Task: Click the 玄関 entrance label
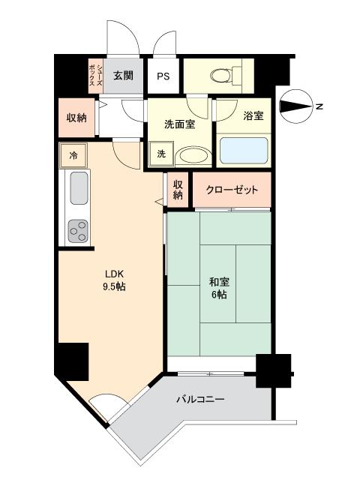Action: point(123,76)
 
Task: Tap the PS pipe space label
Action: point(163,76)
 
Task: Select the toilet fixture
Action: point(224,75)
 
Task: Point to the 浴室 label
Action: point(253,116)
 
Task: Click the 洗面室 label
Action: point(180,124)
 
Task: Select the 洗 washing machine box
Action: point(161,154)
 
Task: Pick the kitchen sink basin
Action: point(79,189)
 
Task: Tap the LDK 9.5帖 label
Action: point(109,280)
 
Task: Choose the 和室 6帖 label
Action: point(219,288)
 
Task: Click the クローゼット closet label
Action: point(232,190)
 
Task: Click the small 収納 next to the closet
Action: point(178,190)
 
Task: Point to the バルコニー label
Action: point(200,400)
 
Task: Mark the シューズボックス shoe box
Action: point(93,76)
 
